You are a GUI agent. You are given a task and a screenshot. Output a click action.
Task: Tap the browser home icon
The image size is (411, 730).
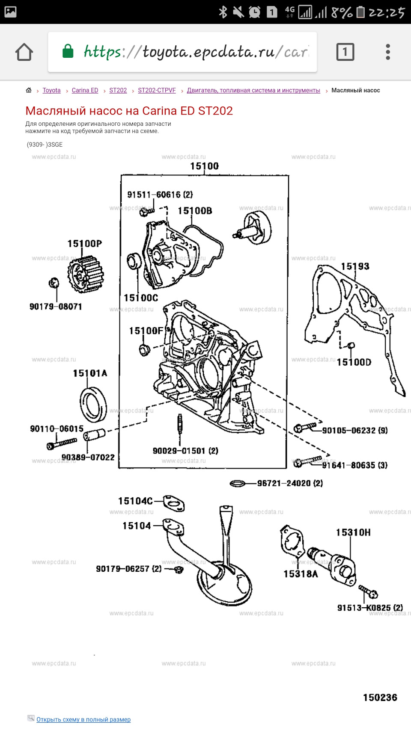[x=24, y=52]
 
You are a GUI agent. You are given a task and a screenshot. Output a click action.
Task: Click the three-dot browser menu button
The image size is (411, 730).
[x=387, y=52]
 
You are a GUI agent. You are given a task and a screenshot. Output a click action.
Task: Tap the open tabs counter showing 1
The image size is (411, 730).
[x=345, y=52]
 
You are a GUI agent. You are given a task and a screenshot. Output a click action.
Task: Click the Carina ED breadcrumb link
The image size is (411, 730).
[x=85, y=90]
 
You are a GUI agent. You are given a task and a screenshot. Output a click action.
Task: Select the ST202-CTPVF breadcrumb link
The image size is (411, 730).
[x=157, y=90]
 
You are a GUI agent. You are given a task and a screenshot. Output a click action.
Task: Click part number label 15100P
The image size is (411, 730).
[x=84, y=244]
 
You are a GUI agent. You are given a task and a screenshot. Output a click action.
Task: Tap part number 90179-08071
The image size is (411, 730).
[x=56, y=307]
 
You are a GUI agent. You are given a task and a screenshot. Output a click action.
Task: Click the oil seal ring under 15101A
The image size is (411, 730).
[x=93, y=404]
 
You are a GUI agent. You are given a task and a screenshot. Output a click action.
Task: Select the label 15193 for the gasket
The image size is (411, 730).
[x=355, y=266]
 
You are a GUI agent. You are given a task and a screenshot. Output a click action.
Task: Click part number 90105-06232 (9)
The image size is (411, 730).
[x=355, y=431]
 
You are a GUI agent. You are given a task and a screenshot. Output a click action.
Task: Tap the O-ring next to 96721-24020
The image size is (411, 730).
[x=237, y=484]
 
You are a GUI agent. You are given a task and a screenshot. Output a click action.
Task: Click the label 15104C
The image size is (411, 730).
[x=135, y=501]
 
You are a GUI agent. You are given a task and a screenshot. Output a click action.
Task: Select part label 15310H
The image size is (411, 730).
[x=353, y=532]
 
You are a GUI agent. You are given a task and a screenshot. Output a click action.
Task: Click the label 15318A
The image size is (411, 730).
[x=301, y=574]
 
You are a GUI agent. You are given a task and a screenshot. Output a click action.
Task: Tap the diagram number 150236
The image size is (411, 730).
[x=380, y=697]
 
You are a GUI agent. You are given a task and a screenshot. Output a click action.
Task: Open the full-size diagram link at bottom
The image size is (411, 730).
[x=83, y=719]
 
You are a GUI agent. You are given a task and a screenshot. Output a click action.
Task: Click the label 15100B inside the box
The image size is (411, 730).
[x=195, y=211]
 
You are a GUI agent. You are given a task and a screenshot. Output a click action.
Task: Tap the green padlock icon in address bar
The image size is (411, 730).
[x=68, y=51]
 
